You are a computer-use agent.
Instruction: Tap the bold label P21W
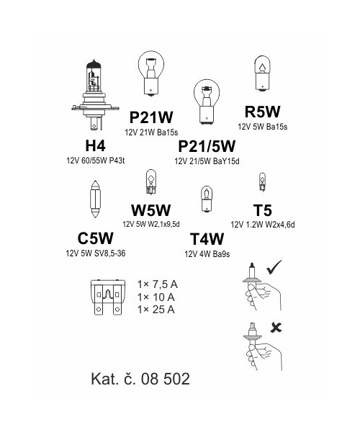pos(151,117)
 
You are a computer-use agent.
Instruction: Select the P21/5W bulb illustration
pos(207,102)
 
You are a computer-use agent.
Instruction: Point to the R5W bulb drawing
pos(263,73)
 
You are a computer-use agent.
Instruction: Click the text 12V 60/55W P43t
pos(95,161)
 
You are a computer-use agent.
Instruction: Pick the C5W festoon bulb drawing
pos(95,199)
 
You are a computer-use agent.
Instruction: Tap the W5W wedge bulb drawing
pos(150,182)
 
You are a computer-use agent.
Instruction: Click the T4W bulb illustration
pos(207,199)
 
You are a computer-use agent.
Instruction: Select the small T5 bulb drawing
pos(262,182)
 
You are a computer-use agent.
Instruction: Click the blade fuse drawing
pos(108,297)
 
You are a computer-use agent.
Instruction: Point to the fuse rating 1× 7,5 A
pos(157,284)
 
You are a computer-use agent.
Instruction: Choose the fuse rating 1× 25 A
pos(156,310)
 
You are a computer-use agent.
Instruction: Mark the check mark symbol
pos(274,267)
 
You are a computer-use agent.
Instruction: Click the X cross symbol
pos(276,328)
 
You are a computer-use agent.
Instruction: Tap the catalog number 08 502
pos(166,379)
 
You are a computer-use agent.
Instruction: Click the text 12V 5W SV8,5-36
pos(96,253)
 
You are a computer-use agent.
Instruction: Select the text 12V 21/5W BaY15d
pos(207,161)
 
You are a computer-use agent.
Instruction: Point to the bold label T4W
pos(207,239)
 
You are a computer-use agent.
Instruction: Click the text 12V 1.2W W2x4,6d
pos(263,225)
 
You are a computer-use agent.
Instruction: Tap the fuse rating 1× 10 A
pos(156,297)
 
